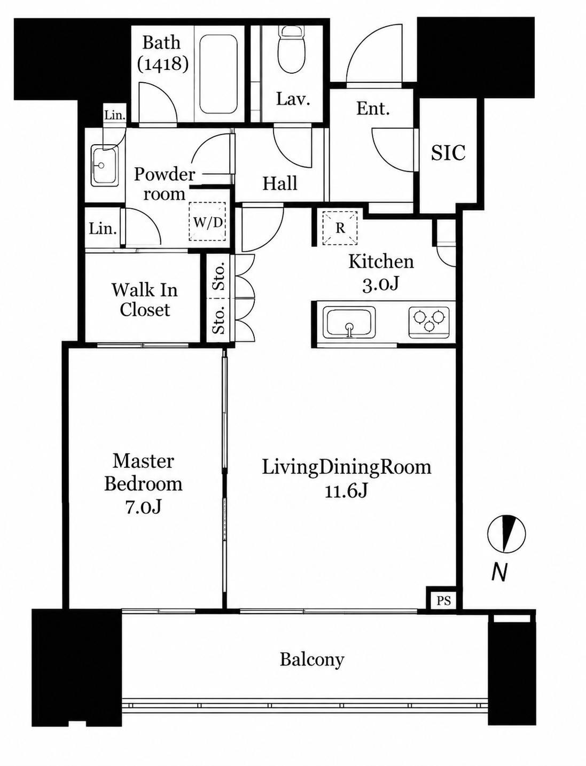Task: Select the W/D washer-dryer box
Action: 207,222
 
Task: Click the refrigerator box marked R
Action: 340,228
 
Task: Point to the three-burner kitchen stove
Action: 428,322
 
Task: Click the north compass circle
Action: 506,534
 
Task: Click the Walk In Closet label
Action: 144,300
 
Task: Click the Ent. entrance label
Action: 373,109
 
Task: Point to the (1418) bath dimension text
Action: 162,64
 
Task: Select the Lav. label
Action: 293,99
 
